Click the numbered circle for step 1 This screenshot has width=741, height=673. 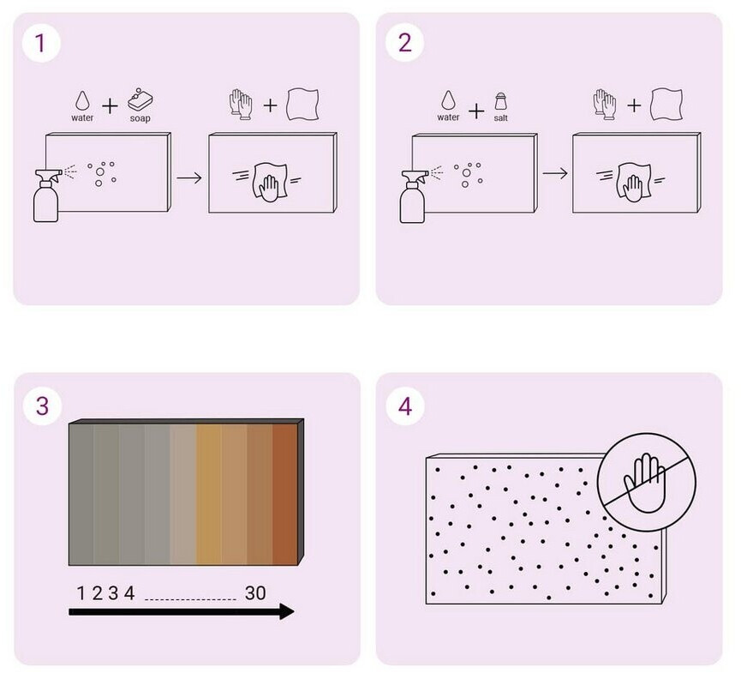point(41,43)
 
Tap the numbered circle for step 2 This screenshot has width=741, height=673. point(404,43)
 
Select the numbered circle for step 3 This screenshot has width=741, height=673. point(42,406)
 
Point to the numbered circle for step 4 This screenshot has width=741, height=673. point(405,406)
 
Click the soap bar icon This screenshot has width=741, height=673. point(140,99)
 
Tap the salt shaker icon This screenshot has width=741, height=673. point(501,102)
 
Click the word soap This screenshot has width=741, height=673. point(140,118)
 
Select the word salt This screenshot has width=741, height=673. point(501,117)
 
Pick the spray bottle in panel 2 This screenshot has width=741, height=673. point(413,196)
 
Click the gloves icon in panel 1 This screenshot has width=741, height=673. point(241,104)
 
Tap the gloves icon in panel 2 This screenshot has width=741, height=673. point(605,104)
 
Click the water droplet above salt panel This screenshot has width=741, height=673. point(448,100)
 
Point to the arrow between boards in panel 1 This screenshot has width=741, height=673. point(189,177)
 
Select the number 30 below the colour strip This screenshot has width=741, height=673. point(255,593)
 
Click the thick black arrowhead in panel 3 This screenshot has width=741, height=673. point(286,611)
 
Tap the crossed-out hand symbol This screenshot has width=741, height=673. point(647,483)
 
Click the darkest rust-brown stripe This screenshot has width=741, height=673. point(285,494)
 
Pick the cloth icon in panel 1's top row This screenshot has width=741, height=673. point(302,104)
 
